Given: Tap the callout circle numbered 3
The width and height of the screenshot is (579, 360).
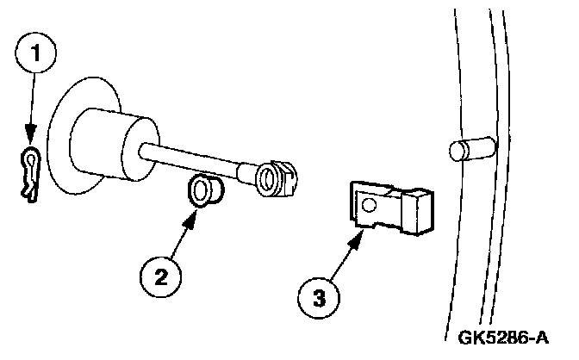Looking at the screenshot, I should tap(318, 298).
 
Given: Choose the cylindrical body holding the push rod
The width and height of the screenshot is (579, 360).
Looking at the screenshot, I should tap(103, 141).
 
